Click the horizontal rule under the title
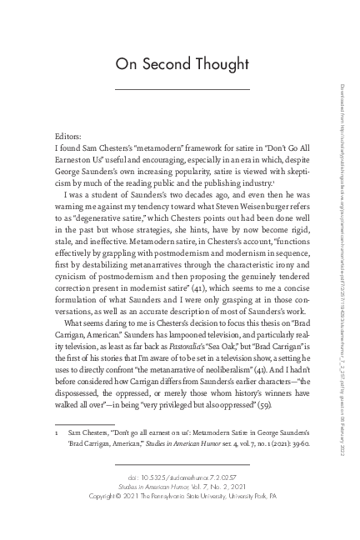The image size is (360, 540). pos(181,89)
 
